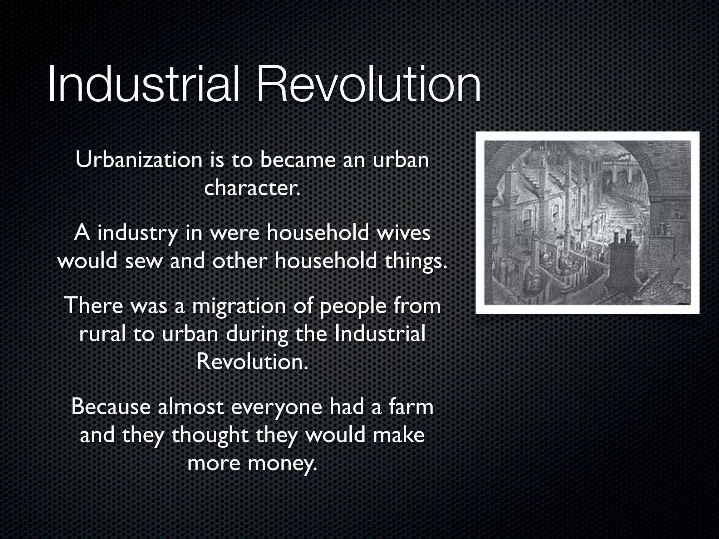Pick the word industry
pos(137,233)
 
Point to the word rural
pos(102,334)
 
